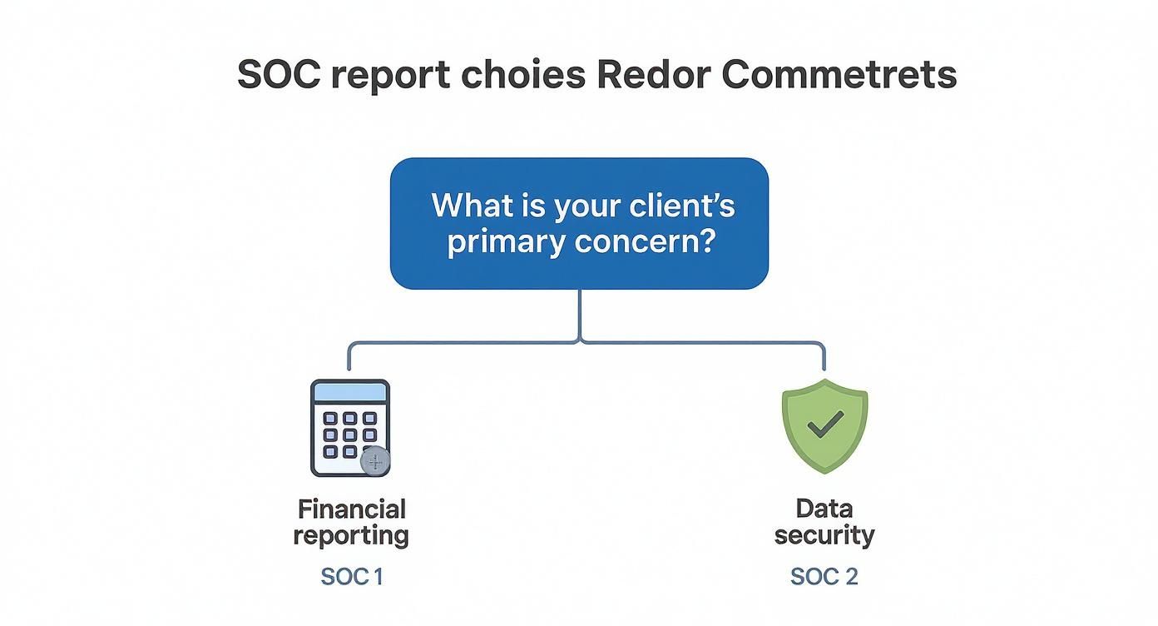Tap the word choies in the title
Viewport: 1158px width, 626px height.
523,75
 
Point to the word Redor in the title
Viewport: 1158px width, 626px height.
653,75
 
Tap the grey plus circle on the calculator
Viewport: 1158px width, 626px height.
376,461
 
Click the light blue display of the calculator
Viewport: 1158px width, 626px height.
349,392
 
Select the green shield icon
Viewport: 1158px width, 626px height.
824,425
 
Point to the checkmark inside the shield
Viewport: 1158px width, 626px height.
824,425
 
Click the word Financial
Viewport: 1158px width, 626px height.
352,509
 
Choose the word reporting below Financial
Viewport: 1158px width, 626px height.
351,535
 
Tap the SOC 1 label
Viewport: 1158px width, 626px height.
351,576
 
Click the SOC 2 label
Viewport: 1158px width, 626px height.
824,576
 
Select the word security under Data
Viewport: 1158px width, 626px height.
824,535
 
